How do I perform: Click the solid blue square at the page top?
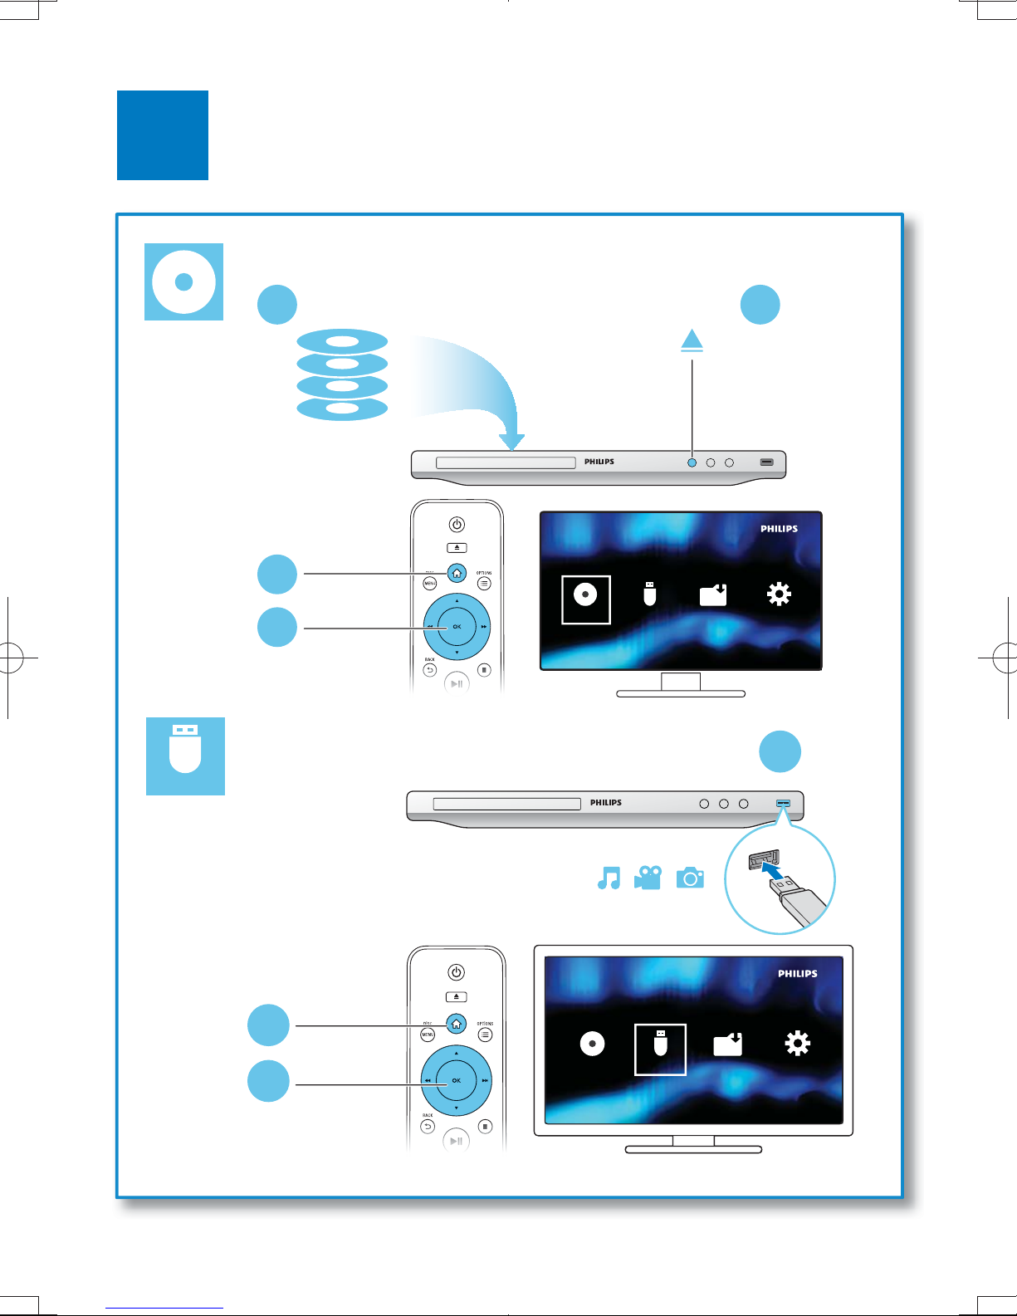[163, 135]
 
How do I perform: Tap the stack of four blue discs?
[342, 375]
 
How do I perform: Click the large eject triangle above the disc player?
[692, 340]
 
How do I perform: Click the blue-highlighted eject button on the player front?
[692, 462]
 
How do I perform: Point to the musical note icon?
[609, 878]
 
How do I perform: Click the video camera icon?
[648, 878]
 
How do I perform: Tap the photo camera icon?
[690, 878]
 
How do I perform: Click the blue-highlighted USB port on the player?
[784, 803]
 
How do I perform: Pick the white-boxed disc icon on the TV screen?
[586, 599]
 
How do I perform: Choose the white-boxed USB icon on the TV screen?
[660, 1049]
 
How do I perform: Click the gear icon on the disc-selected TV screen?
[779, 594]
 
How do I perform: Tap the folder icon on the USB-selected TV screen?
[728, 1044]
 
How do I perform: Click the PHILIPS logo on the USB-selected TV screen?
[797, 973]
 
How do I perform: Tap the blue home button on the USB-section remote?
[456, 1024]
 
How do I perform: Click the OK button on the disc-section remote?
[457, 627]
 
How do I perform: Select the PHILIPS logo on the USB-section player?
[606, 803]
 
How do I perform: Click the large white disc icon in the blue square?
[184, 281]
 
